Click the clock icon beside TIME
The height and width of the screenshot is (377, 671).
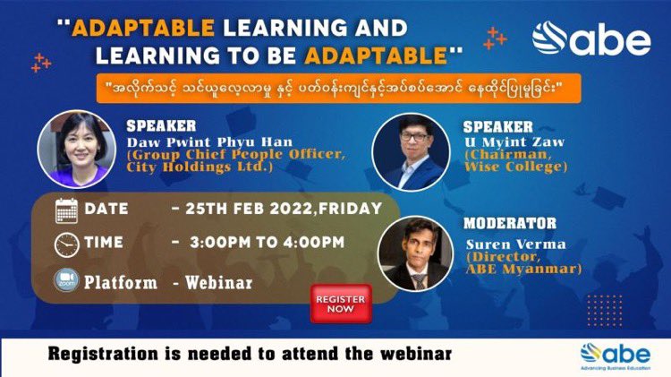pyautogui.click(x=67, y=244)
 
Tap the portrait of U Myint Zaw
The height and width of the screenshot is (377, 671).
pyautogui.click(x=410, y=150)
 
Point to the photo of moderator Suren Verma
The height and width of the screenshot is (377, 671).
pyautogui.click(x=413, y=253)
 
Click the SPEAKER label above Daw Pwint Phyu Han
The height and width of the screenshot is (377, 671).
pyautogui.click(x=161, y=125)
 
